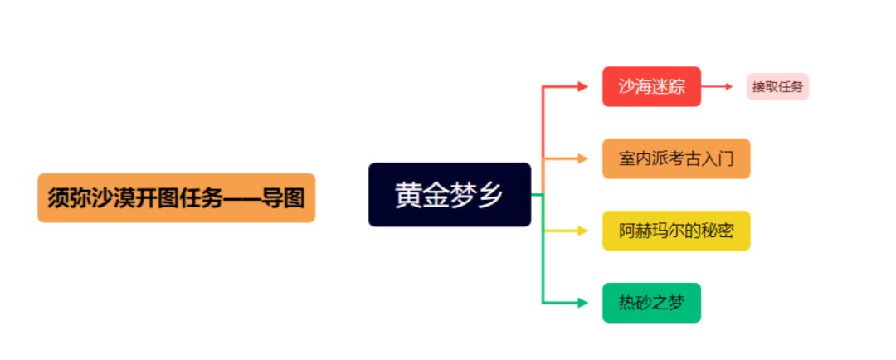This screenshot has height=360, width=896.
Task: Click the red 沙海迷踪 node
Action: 651,86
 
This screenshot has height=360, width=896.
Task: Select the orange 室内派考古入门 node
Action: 676,158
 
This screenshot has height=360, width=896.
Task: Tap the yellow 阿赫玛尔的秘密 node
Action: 676,231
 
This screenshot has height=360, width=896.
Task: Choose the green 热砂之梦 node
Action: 651,303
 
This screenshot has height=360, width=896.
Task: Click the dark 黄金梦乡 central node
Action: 449,194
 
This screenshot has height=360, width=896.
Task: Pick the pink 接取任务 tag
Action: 777,86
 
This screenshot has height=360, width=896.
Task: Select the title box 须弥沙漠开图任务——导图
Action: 176,198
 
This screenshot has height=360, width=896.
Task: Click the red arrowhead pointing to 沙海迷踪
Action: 582,86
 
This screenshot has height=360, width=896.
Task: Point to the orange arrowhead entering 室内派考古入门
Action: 582,158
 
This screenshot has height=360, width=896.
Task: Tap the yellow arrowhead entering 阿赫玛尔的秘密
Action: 582,231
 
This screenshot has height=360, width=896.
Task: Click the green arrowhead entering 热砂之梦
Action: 582,303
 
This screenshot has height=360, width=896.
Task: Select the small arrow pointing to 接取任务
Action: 728,86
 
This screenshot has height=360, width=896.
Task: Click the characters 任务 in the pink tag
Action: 791,86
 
